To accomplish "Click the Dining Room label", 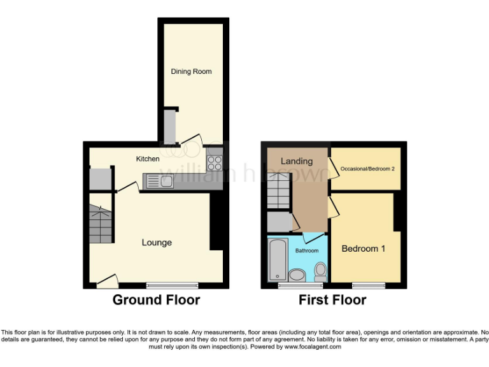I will tap(191, 71).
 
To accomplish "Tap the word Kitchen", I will tap(148, 159).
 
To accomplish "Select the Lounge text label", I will tap(157, 243).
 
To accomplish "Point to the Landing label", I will tap(297, 161).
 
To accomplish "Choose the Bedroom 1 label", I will tap(364, 248).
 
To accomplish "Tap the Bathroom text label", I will tap(306, 251).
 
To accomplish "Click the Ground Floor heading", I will tap(157, 300).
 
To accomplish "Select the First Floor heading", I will tap(332, 300).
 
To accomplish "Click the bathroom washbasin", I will tap(297, 275).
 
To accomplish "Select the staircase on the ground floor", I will tap(101, 223).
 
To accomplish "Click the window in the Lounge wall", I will tap(172, 285).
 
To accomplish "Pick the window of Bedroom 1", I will tap(369, 285).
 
